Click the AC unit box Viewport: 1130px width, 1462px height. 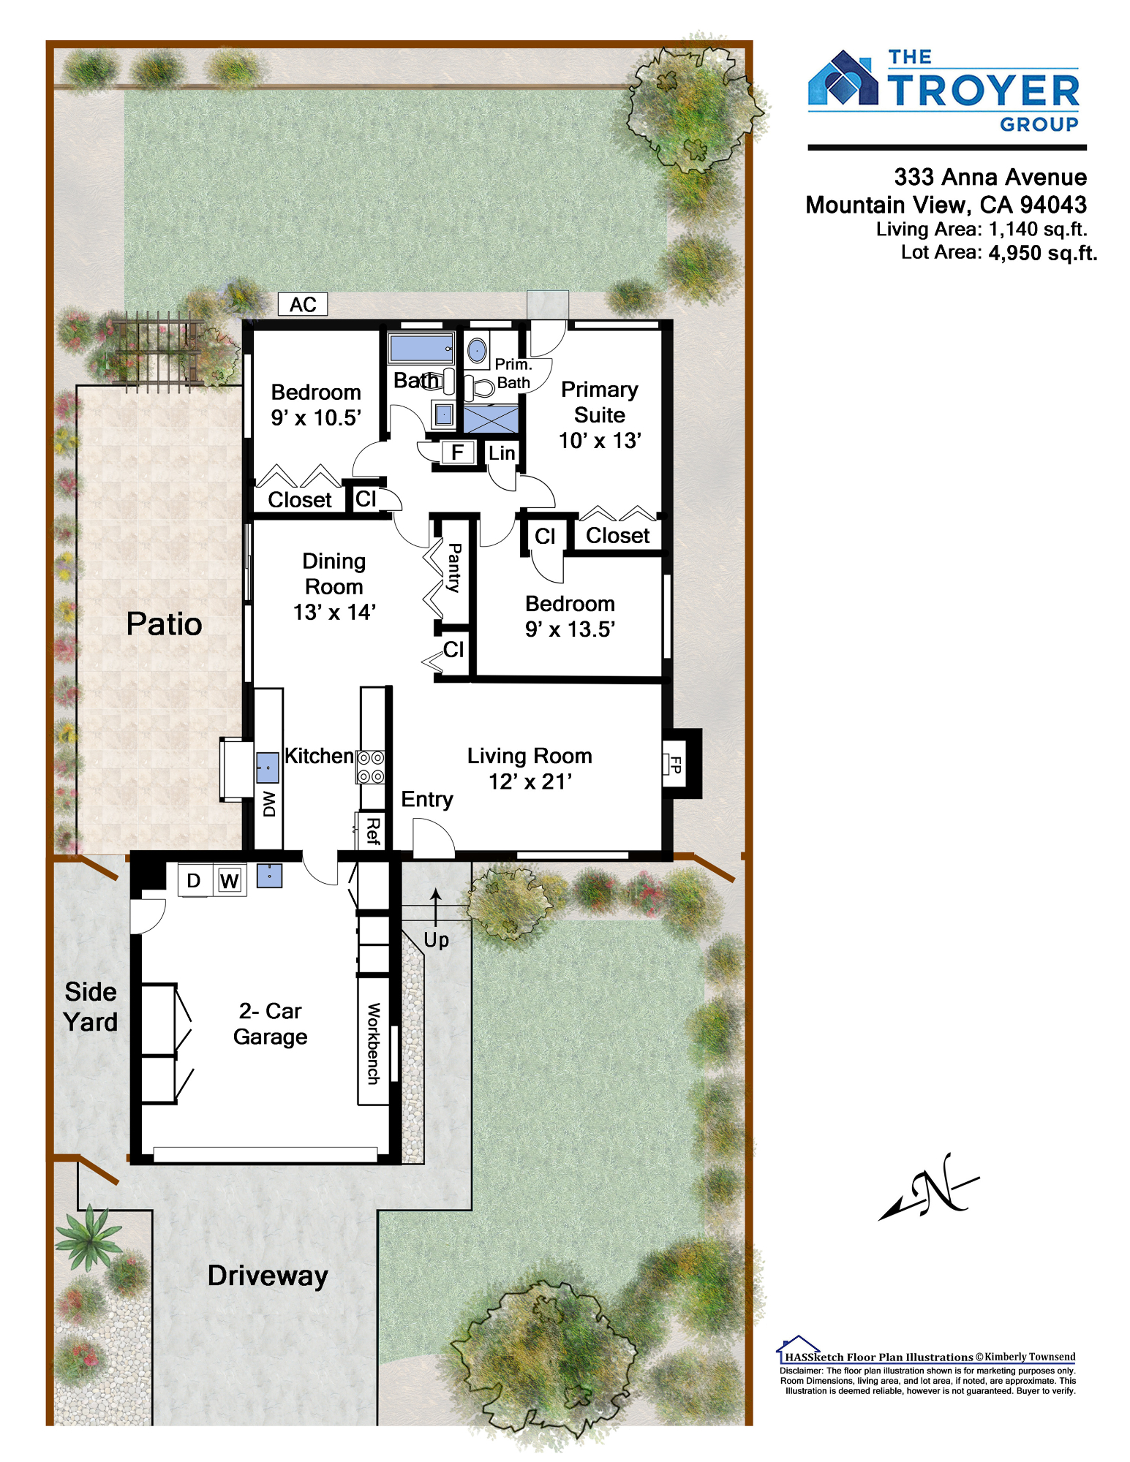coord(303,304)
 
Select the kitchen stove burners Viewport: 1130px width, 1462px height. coord(371,766)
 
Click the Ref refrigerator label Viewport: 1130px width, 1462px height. coord(372,832)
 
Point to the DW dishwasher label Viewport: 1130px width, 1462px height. coord(269,804)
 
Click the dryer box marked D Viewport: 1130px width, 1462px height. coord(195,880)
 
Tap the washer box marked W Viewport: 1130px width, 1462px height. coord(230,880)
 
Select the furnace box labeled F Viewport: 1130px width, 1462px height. coord(458,452)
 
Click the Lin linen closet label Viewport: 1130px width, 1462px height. coord(502,453)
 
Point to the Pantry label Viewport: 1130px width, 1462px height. coord(454,568)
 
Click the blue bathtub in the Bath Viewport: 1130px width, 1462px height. coord(421,348)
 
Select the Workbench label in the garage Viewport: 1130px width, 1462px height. coord(373,1044)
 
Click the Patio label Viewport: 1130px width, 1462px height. coord(164,624)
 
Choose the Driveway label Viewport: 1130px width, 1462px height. coord(268,1276)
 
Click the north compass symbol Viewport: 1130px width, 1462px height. coord(930,1186)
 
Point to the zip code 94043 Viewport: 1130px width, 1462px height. coord(1053,205)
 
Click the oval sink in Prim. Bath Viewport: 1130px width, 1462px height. coord(477,351)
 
